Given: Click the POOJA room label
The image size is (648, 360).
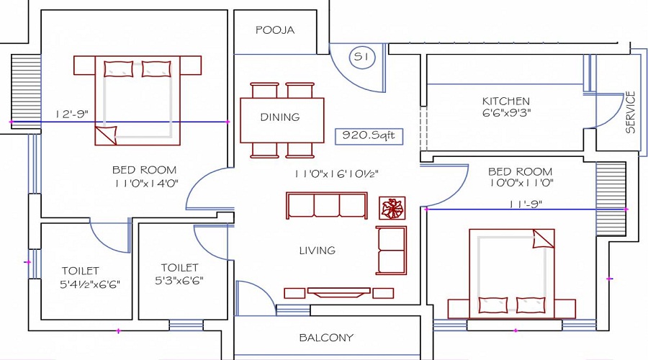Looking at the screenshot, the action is click(x=275, y=30).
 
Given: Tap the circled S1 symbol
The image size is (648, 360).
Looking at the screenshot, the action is click(x=362, y=57).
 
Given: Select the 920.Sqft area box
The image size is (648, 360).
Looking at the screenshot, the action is click(x=369, y=136).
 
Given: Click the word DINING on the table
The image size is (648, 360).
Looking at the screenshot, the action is click(x=280, y=117).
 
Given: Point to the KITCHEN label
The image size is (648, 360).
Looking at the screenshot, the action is click(x=506, y=102).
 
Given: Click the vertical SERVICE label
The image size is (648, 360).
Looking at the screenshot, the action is click(x=630, y=112).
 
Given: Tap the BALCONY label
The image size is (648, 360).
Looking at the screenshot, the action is click(x=326, y=338).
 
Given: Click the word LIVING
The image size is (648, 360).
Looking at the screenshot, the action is click(x=318, y=251).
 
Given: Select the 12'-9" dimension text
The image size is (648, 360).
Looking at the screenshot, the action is click(x=72, y=114).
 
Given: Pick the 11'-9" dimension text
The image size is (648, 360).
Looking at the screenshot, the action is click(x=526, y=204).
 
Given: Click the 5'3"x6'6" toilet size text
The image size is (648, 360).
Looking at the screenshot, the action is click(x=179, y=281).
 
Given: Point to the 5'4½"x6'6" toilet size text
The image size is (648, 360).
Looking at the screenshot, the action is click(x=90, y=284).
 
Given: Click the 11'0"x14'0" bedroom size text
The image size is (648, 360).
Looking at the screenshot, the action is click(x=146, y=184).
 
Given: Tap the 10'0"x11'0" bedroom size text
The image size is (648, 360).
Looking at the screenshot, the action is click(x=521, y=182).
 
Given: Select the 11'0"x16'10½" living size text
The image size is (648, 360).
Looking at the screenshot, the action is click(x=336, y=174).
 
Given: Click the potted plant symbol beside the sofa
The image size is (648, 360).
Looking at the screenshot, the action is click(x=392, y=208).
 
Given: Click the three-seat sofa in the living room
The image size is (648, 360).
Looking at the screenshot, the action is click(x=326, y=205).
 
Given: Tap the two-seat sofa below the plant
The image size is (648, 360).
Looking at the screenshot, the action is click(x=391, y=250).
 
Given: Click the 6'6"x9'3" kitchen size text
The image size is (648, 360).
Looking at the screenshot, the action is click(x=506, y=112).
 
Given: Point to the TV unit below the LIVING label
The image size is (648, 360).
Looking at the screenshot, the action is click(x=338, y=292).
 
